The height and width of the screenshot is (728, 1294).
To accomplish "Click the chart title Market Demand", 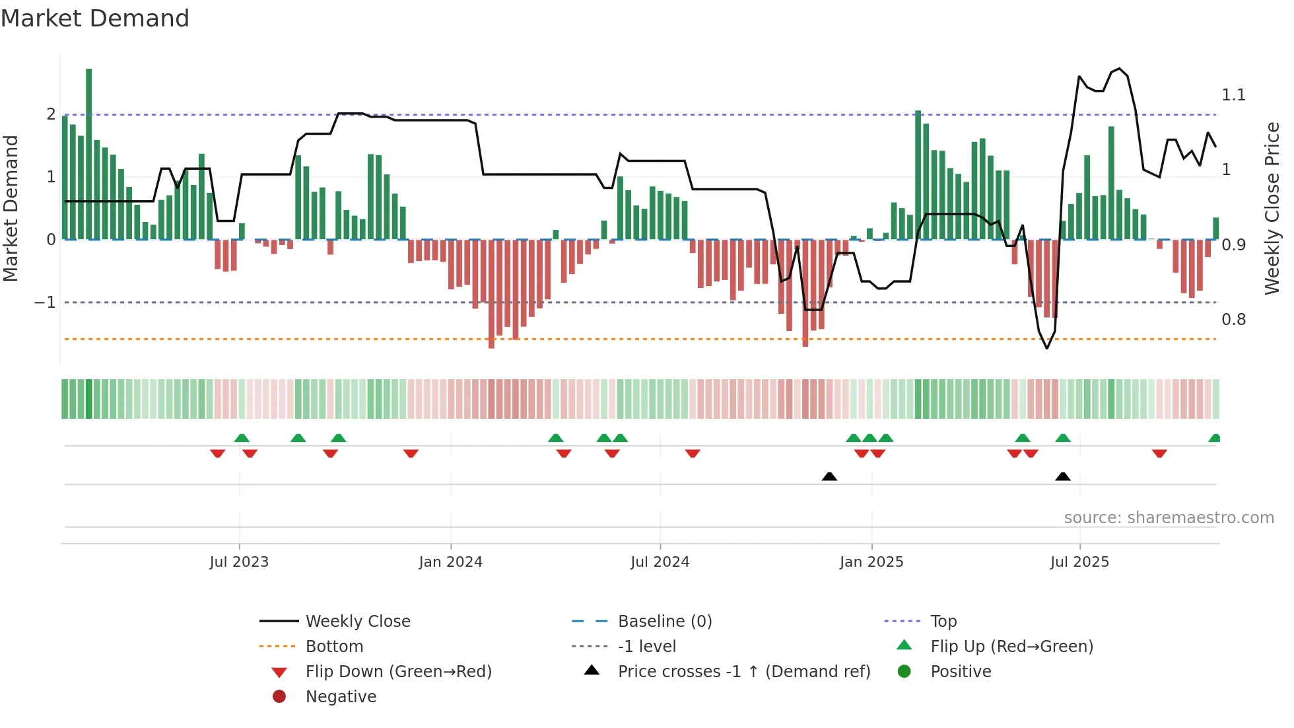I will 95,18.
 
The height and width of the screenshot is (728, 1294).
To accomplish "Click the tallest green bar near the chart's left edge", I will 89,153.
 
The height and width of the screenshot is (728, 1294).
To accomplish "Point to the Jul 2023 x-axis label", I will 239,562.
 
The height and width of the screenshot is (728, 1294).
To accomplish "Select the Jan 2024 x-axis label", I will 451,562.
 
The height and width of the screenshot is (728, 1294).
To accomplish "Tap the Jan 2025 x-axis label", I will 871,562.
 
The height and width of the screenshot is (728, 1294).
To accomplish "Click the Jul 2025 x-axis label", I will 1079,562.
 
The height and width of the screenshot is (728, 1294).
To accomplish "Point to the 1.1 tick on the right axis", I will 1233,95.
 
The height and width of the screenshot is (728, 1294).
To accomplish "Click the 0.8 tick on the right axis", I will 1233,320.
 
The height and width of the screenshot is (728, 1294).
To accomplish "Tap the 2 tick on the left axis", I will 51,114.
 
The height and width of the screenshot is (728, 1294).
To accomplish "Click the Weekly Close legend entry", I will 358,622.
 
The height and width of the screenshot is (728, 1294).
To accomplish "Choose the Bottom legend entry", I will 334,647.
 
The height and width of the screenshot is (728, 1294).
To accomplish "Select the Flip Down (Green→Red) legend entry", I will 398,672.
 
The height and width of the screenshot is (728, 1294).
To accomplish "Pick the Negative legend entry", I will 341,697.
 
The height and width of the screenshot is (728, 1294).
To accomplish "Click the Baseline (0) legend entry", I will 664,622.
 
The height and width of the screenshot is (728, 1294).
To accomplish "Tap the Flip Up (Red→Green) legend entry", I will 1011,647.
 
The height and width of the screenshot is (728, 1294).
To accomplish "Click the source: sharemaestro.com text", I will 1169,518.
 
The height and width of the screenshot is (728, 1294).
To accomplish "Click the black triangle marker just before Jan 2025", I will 829,476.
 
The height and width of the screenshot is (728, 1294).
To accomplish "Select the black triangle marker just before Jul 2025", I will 1062,476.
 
